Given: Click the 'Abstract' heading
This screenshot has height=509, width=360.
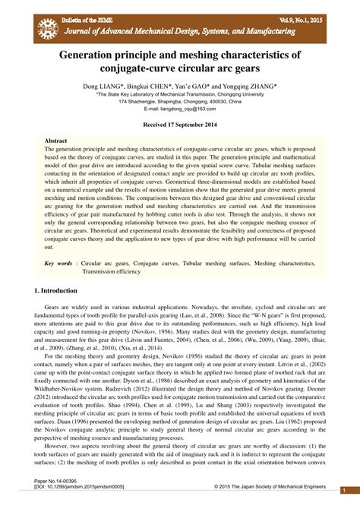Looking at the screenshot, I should tap(55, 141).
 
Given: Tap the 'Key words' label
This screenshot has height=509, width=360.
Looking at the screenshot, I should tap(58, 263).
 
